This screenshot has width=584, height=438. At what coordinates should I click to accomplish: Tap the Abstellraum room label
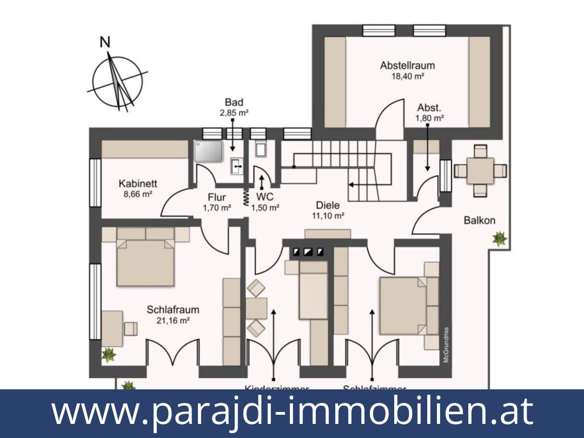tap(407, 65)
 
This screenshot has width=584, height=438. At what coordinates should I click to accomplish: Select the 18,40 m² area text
tap(407, 76)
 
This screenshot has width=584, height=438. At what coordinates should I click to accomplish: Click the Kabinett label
tap(138, 184)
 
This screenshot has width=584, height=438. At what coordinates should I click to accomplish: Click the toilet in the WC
tap(260, 150)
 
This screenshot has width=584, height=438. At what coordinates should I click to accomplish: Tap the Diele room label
tap(328, 205)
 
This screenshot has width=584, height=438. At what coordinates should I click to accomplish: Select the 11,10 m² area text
tap(328, 215)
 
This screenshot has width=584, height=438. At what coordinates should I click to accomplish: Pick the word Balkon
tap(479, 220)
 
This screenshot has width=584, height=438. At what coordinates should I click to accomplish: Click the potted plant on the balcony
tap(499, 238)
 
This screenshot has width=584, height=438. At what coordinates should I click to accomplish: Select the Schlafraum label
tap(173, 310)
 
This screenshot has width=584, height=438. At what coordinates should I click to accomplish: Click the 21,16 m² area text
tap(173, 320)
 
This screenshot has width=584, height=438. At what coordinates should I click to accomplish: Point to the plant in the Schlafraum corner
tap(109, 355)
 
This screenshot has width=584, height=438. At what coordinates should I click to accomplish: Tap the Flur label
tap(216, 197)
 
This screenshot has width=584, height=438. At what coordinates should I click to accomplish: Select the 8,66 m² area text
tap(138, 194)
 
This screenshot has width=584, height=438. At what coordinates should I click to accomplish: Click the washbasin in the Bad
tap(237, 167)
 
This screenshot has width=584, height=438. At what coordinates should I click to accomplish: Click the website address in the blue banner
tap(292, 412)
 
